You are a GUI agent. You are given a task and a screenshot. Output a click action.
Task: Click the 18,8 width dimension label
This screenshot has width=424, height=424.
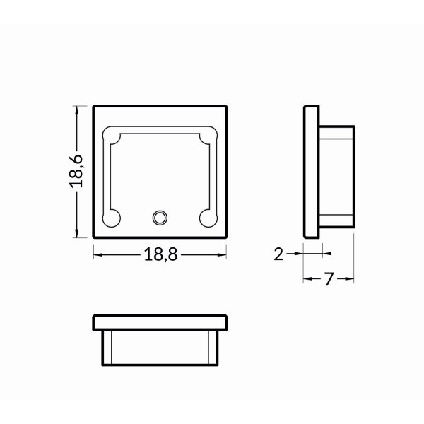click(x=160, y=256)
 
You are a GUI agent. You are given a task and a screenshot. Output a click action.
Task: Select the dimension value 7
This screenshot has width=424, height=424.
click(x=329, y=280)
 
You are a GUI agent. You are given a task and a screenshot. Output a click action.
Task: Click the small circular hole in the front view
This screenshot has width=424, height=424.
click(x=160, y=216)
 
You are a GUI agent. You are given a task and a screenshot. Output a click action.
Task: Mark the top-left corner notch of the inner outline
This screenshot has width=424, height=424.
click(x=112, y=133)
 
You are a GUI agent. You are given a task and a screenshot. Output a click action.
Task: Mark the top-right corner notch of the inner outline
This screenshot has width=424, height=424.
click(x=208, y=133)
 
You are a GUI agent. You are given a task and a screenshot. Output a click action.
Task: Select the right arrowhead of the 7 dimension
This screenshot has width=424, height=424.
click(x=349, y=280)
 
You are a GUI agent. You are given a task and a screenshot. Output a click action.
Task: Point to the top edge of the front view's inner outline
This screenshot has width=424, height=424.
click(x=160, y=130)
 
